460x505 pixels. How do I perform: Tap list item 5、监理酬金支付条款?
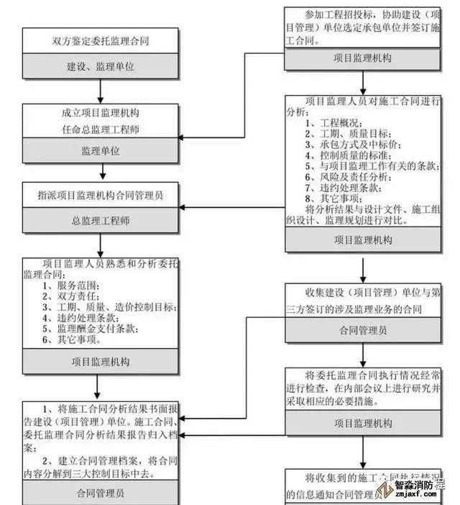point(90,329)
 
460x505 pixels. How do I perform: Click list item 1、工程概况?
point(333,124)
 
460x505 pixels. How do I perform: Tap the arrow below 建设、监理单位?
point(100,91)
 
